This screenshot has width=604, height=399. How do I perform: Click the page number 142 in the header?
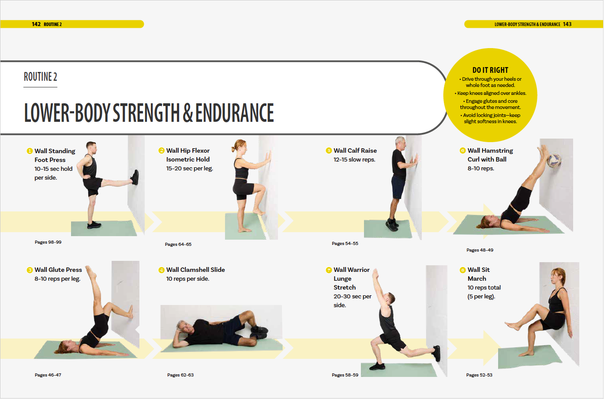click(36, 24)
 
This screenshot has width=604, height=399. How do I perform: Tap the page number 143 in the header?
click(567, 24)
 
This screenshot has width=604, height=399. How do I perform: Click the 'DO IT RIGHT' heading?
click(490, 70)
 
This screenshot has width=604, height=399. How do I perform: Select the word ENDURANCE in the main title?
click(235, 113)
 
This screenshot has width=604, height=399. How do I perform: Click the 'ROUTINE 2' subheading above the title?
click(41, 77)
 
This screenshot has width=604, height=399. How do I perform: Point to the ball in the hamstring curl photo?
click(554, 161)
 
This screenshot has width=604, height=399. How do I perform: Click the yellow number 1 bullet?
click(30, 151)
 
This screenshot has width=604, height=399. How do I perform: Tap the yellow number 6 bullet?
click(463, 151)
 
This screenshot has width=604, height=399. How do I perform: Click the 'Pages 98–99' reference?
click(48, 242)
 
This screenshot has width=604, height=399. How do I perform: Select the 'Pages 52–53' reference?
click(479, 375)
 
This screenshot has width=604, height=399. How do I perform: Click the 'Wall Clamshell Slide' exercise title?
click(195, 270)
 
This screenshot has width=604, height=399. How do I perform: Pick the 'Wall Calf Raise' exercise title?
click(355, 151)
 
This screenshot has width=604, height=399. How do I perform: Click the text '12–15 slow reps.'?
click(354, 160)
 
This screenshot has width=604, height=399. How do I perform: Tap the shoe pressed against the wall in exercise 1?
click(135, 177)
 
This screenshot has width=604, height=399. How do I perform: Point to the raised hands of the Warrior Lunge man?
click(375, 273)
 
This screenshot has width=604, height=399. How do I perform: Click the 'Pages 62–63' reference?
click(180, 375)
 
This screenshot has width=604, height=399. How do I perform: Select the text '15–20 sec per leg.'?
click(190, 169)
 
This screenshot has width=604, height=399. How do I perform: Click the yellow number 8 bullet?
click(463, 270)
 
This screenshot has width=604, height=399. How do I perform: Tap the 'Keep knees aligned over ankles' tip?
click(491, 93)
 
